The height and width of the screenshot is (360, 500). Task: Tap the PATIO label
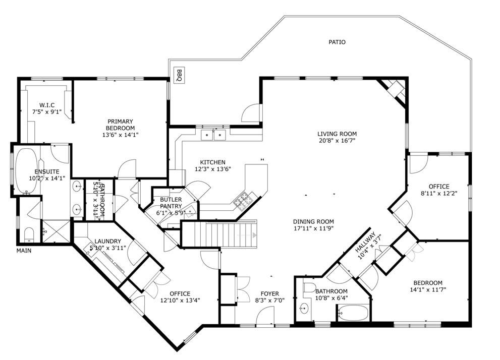tap(337, 42)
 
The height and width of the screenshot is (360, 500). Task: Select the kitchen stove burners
tap(243, 201)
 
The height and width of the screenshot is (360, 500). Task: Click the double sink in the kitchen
tap(213, 135)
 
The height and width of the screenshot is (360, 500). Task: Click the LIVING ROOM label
tap(337, 134)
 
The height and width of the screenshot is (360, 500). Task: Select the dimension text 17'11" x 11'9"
tap(313, 228)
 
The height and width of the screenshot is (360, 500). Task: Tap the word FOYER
tap(270, 293)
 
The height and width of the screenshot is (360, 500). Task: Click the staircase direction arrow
tap(254, 235)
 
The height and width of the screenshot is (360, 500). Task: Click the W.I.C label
tap(47, 105)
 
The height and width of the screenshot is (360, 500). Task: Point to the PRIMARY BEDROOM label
tap(120, 125)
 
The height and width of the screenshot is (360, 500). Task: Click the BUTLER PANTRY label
tap(171, 203)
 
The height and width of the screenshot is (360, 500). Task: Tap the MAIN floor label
tap(24, 251)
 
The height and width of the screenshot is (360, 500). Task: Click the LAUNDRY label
tap(108, 242)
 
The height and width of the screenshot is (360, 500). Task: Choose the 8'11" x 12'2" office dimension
tap(439, 193)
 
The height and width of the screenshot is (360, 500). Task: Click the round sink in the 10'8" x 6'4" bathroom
tap(304, 308)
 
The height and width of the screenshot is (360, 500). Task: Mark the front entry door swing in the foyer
tap(265, 316)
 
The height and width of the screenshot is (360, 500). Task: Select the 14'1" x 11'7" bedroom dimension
tap(428, 289)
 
